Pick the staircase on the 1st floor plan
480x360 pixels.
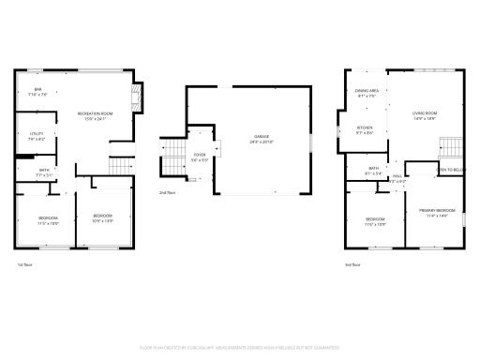tap(117, 165)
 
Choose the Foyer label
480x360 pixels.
tap(200, 157)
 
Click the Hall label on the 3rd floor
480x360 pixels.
tap(397, 178)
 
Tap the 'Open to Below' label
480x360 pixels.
tap(451, 170)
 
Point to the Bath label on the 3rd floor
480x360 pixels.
tap(373, 171)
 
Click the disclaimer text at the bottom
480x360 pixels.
tap(240, 347)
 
